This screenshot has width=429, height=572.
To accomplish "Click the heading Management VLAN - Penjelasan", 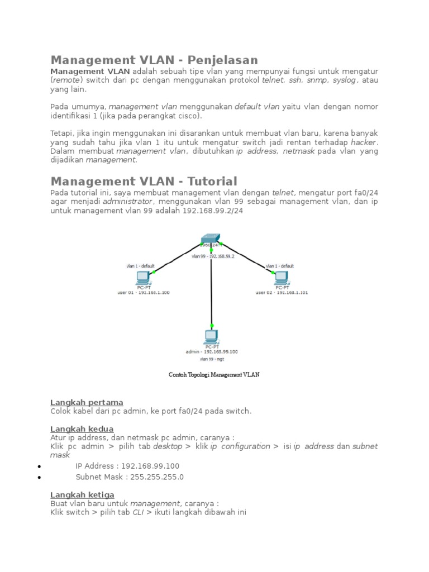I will point(154,60).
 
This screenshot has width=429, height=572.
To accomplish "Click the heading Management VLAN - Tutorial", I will point(144,181).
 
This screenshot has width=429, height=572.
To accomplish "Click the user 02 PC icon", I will point(282,277).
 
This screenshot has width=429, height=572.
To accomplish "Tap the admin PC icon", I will point(211,336).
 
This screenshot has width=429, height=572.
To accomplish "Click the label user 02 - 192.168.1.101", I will point(282,292).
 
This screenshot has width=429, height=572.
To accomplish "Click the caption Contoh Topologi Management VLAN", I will point(214,375).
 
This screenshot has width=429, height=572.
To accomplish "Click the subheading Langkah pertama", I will point(87,402).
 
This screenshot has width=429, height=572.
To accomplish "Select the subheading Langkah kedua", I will point(82,429).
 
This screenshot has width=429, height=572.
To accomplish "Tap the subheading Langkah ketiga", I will point(82,494).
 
